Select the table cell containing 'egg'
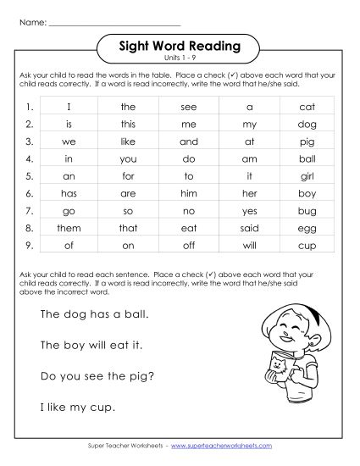point(307,228)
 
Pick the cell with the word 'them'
point(69,228)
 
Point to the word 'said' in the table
point(250,228)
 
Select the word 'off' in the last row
point(189,246)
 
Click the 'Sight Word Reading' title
point(178,46)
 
